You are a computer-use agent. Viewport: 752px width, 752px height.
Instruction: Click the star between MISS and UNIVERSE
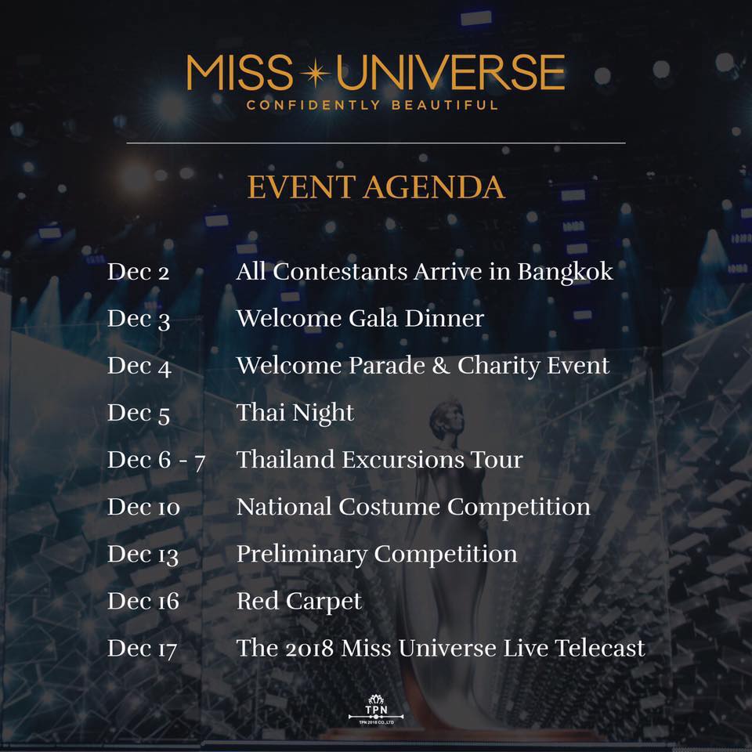click(315, 73)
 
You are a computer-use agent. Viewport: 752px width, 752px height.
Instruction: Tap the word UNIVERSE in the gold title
click(451, 72)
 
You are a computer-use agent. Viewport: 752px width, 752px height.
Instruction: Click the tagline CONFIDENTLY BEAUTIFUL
click(372, 105)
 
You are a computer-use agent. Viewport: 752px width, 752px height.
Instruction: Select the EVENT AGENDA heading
click(376, 187)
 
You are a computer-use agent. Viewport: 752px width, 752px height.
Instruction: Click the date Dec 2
click(138, 272)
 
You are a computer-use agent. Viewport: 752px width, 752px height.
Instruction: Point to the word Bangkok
click(565, 273)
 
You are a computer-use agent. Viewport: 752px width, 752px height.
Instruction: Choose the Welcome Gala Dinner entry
click(360, 318)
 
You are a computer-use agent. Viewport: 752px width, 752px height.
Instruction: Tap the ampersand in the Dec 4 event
click(441, 366)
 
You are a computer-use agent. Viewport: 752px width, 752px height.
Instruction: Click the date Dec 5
click(139, 413)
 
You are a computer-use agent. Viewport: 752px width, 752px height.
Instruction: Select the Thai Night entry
click(295, 414)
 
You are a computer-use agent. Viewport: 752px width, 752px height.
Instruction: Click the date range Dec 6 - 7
click(157, 461)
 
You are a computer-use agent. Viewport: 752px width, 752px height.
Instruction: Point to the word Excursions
click(403, 460)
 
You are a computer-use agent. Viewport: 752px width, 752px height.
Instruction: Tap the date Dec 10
click(143, 507)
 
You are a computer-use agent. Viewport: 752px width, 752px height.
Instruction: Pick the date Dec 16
click(143, 601)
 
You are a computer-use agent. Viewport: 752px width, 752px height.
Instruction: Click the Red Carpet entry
click(299, 602)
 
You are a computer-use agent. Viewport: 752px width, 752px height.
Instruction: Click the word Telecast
click(600, 648)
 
